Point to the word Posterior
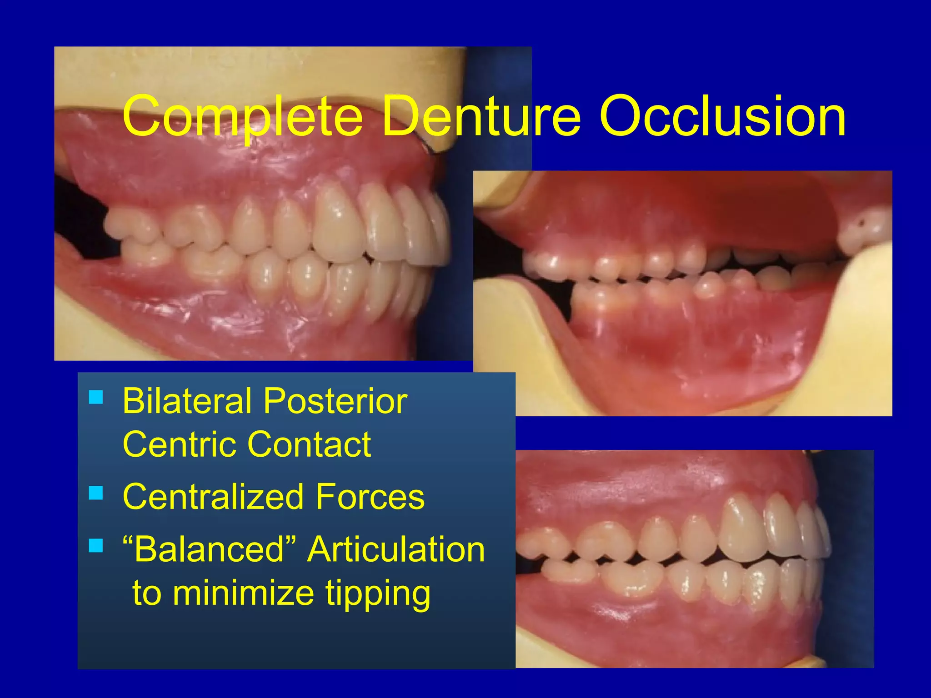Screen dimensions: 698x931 pos(335,401)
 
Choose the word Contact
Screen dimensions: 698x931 pos(309,444)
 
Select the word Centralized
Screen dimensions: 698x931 pos(213,497)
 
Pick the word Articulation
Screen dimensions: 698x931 pos(396,549)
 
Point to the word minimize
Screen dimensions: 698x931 pos(243,593)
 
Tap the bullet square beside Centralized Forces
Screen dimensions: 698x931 pos(96,493)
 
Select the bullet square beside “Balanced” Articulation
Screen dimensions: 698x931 pos(96,545)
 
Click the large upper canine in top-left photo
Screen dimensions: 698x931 pos(336,223)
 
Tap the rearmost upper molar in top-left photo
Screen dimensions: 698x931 pos(130,225)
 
